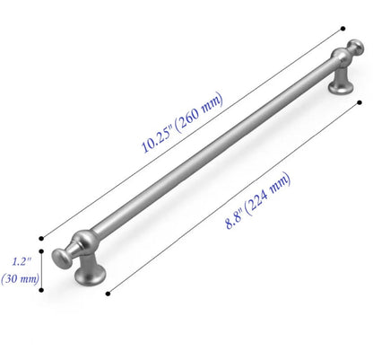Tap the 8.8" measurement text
point(237,215)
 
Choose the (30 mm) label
point(22,278)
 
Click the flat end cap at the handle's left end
point(61,258)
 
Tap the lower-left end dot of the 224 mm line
point(108,293)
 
